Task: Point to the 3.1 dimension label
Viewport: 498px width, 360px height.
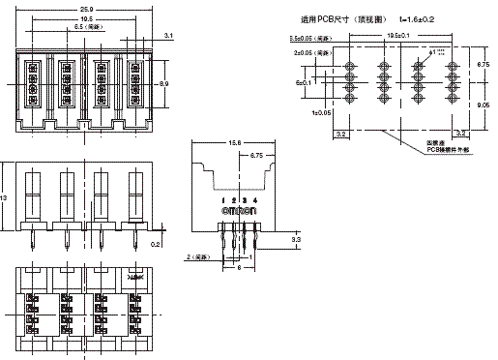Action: [x=168, y=35]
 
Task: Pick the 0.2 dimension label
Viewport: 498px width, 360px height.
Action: [x=158, y=245]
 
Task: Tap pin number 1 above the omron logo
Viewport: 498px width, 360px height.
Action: [x=223, y=200]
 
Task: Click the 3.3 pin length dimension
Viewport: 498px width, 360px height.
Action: [x=296, y=237]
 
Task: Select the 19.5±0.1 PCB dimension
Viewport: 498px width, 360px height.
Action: [x=398, y=37]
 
